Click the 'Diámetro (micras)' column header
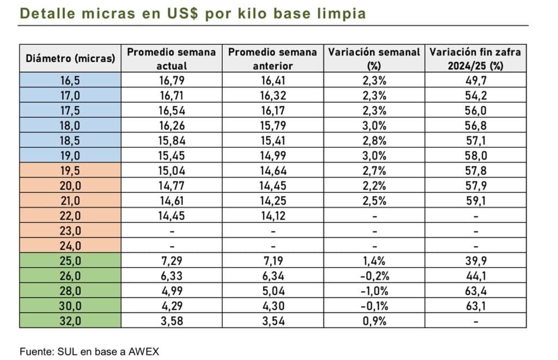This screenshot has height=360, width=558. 70,58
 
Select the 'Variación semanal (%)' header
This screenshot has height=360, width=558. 373,58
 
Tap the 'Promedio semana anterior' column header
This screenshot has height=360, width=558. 272,58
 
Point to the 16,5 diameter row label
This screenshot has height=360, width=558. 70,81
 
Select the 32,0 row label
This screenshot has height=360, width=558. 70,321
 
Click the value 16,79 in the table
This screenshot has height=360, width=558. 171,81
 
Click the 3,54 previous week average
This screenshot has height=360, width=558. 272,321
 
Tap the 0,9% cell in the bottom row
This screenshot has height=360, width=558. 373,321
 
